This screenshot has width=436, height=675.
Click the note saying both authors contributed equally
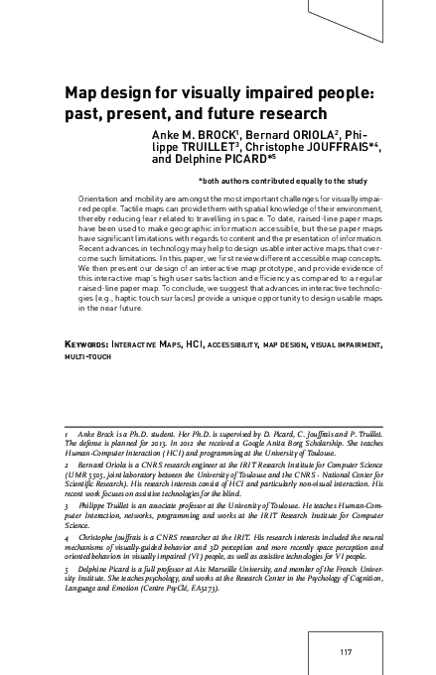click(x=283, y=181)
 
